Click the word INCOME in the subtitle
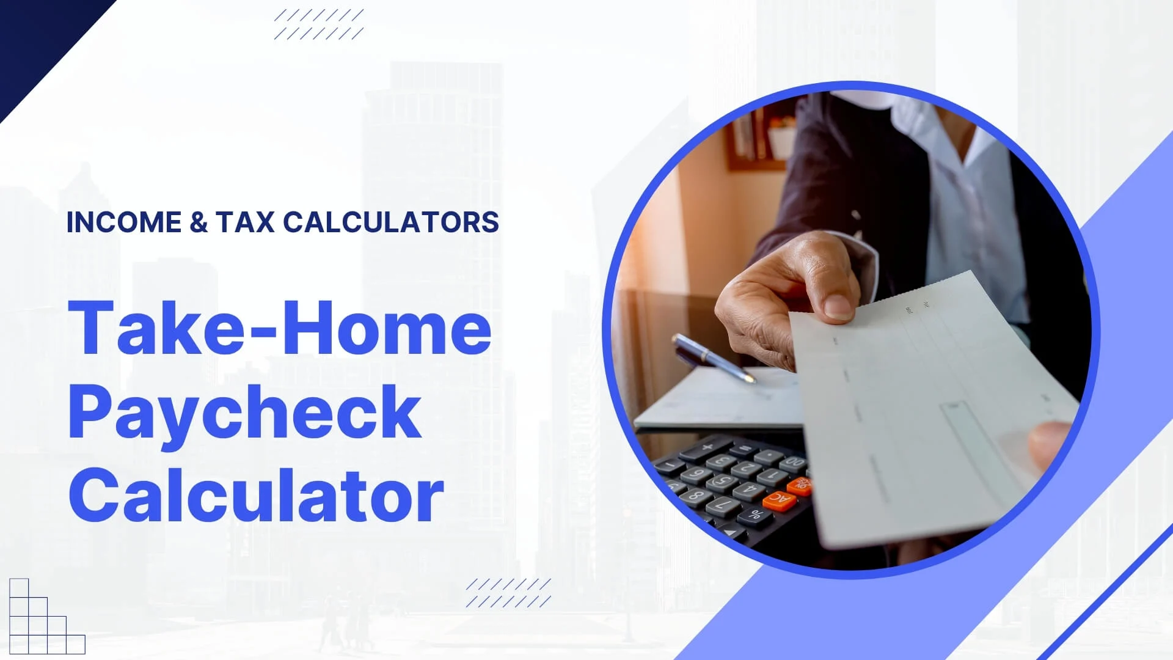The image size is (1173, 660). (x=124, y=222)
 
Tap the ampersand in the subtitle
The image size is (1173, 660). (x=199, y=222)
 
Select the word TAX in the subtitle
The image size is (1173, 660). (x=245, y=222)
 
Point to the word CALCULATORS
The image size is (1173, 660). (x=391, y=222)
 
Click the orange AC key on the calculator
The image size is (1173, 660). (x=780, y=501)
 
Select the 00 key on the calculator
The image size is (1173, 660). (x=794, y=463)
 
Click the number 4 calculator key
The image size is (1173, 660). (x=750, y=490)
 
